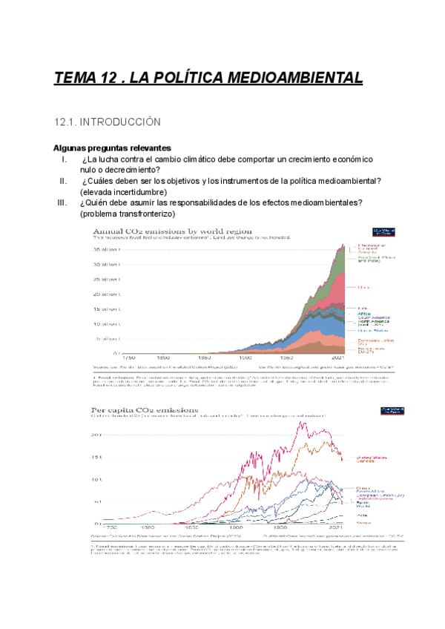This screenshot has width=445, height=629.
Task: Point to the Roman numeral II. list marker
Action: point(64,181)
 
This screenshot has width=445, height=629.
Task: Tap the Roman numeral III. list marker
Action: point(62,202)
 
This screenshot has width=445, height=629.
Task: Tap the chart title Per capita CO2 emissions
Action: point(145,409)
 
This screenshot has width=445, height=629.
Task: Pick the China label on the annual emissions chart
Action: point(363,287)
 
